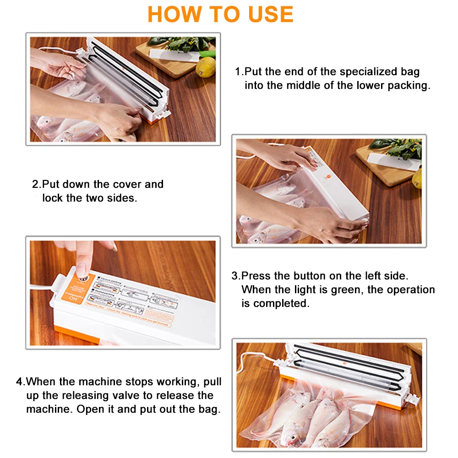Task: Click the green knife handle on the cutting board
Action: point(208,54)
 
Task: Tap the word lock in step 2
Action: point(52,198)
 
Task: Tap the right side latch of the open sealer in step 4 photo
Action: point(412,398)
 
